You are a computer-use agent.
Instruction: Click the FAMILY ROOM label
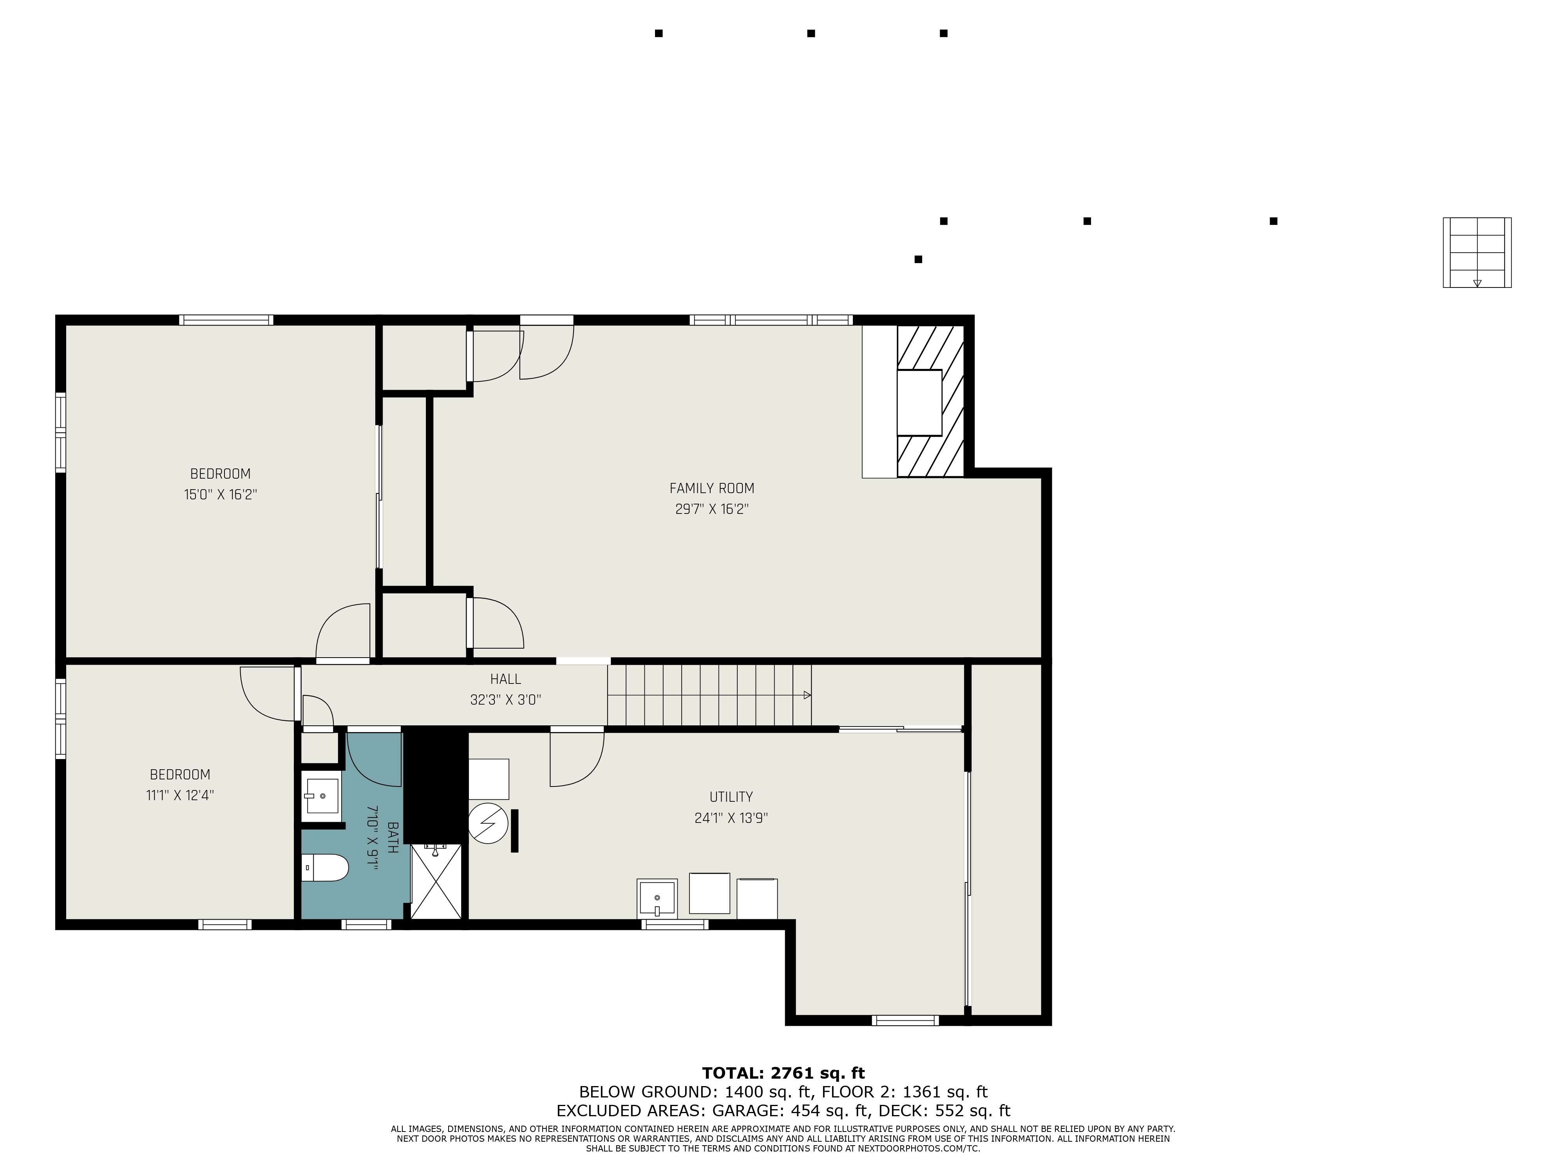click(711, 488)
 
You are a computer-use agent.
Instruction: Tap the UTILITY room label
click(731, 797)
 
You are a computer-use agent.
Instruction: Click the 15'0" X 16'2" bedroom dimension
click(220, 494)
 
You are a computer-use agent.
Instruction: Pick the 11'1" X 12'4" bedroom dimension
click(180, 795)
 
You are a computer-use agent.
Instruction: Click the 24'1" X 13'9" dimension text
click(731, 818)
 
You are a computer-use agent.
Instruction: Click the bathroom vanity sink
click(322, 796)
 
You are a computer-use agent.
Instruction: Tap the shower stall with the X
click(436, 882)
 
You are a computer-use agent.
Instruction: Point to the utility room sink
click(657, 898)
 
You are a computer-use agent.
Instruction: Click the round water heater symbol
click(488, 823)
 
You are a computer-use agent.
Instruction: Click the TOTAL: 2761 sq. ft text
click(783, 1073)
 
